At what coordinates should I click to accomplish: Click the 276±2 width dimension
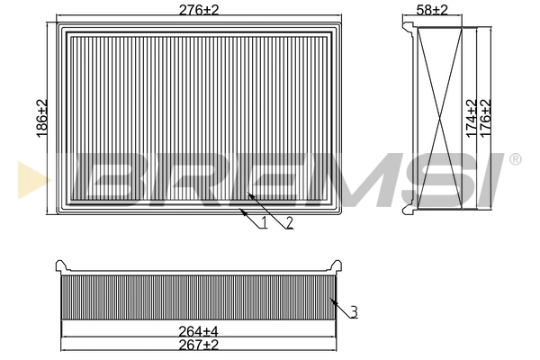click(x=201, y=9)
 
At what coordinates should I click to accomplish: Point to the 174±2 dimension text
click(x=469, y=117)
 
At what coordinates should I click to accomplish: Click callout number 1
click(x=265, y=222)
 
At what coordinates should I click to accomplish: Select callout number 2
click(x=289, y=223)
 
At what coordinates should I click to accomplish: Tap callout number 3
click(x=355, y=312)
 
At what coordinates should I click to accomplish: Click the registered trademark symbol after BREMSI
click(x=515, y=159)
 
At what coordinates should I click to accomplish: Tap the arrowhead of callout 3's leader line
click(x=331, y=300)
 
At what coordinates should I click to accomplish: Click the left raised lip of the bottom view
click(x=61, y=265)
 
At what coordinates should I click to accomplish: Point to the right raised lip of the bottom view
click(x=338, y=265)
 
